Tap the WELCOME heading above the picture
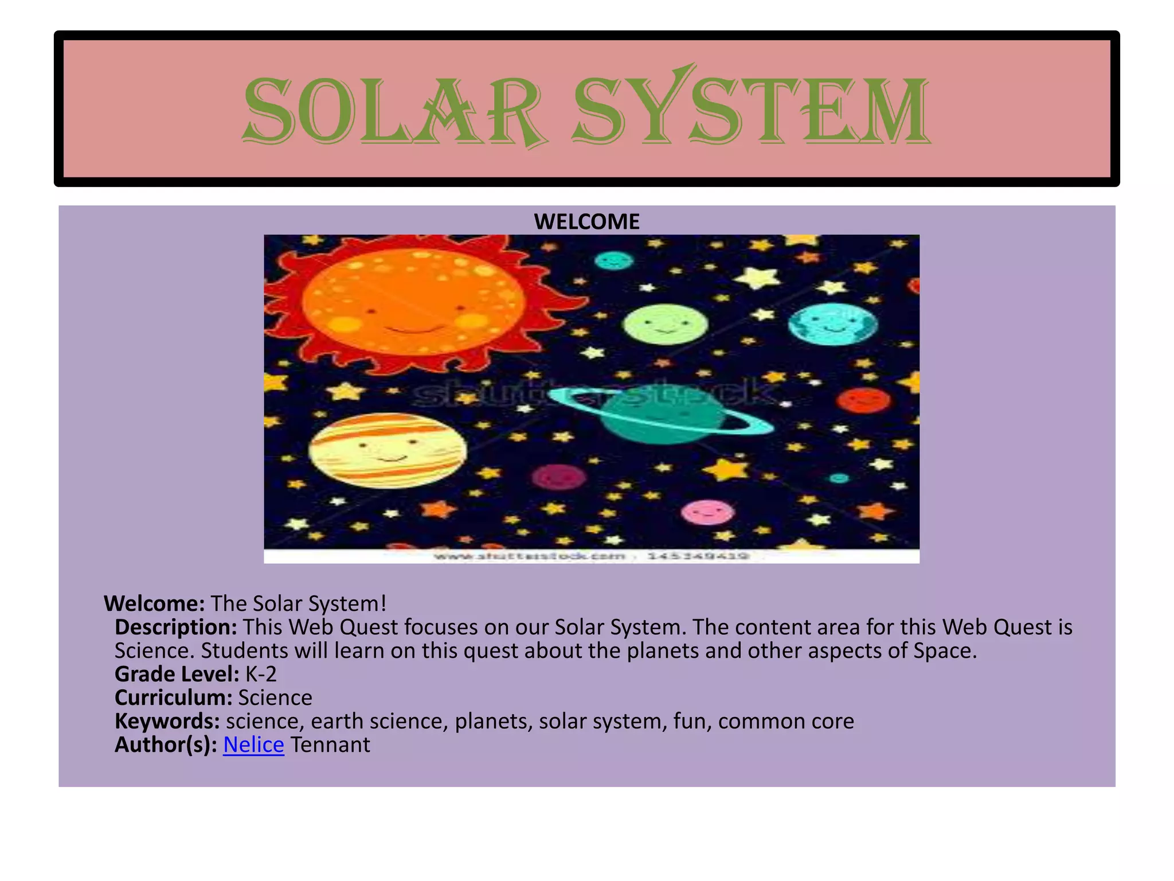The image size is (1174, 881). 586,222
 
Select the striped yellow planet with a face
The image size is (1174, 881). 388,451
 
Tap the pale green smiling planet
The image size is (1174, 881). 665,324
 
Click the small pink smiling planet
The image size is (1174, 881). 707,512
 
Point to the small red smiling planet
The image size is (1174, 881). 863,400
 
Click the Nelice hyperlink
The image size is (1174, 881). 253,744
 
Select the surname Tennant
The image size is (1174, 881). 330,744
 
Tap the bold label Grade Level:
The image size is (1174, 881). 177,674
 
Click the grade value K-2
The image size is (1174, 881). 261,674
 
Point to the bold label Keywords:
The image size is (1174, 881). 167,721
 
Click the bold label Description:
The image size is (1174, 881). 175,627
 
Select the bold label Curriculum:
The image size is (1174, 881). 173,697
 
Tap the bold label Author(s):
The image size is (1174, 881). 166,744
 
